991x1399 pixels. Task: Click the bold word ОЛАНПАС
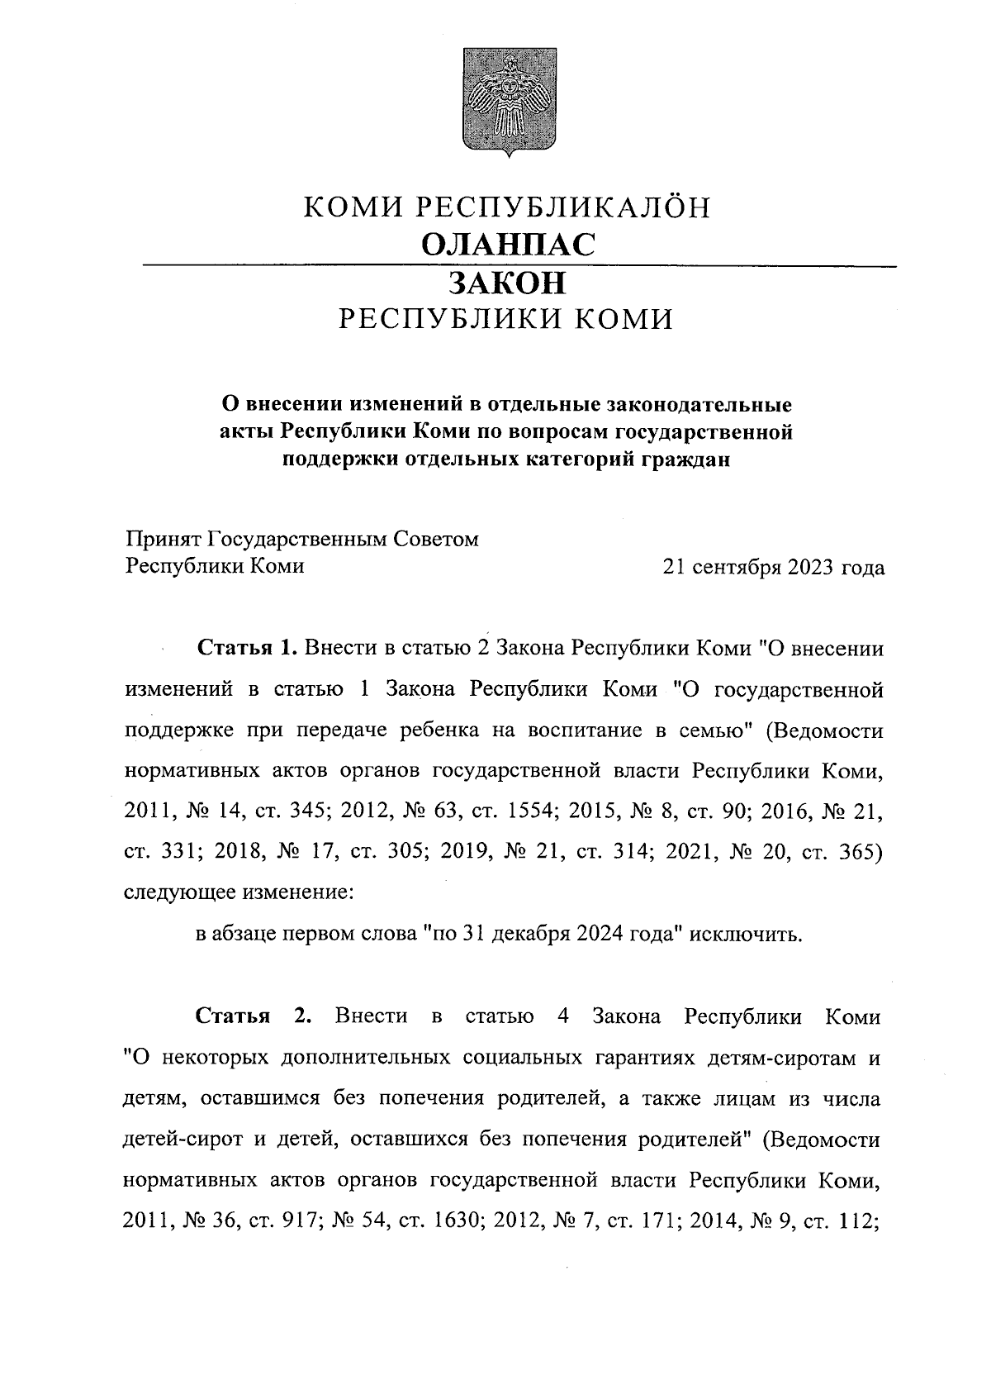(507, 244)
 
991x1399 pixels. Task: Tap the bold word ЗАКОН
(507, 283)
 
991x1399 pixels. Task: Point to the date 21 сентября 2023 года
(773, 568)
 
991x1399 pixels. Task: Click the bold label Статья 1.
(246, 649)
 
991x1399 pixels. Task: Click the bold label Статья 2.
(253, 1016)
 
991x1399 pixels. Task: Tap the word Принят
(162, 540)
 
